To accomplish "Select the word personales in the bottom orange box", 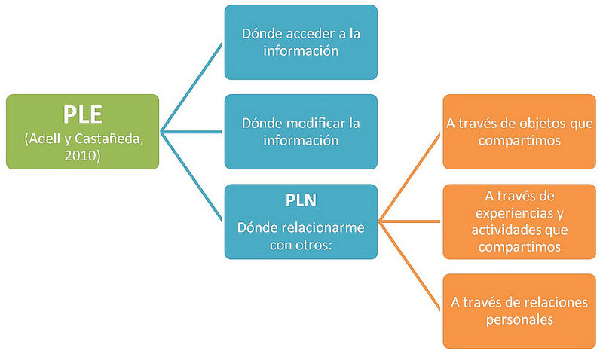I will (x=518, y=319).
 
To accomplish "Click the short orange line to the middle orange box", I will (x=411, y=221).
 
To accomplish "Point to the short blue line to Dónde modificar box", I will (x=193, y=131).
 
